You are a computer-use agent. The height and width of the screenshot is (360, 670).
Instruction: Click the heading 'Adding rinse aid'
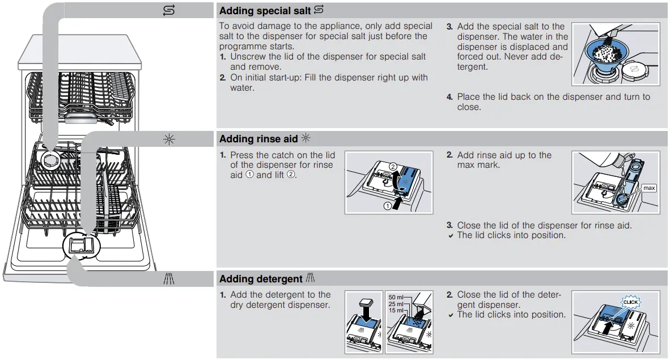coord(258,139)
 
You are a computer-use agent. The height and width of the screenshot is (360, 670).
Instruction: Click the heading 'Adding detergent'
coord(261,279)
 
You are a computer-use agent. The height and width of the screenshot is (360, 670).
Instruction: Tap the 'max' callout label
coord(648,188)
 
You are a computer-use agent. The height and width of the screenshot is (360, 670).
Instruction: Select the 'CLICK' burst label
coord(630,302)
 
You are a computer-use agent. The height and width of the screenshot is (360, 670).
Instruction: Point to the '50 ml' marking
coord(396,297)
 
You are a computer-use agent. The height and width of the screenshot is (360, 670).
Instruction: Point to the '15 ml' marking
coord(396,311)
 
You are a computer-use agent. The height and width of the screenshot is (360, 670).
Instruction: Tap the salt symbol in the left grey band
coord(169,11)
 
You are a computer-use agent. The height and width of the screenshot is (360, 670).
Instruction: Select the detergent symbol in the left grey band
coord(169,279)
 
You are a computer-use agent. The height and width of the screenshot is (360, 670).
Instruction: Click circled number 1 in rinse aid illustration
coord(388,206)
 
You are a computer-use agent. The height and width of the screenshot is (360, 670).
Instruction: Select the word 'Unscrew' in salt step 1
coord(248,57)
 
